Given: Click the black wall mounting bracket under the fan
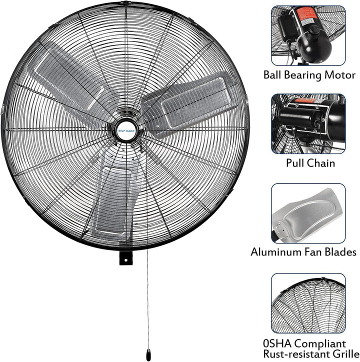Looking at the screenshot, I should pos(125,259).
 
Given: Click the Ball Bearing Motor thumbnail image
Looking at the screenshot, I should pos(308,35).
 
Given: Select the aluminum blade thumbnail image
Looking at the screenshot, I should pos(308,212).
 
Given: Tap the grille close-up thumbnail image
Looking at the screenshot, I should pos(308,302).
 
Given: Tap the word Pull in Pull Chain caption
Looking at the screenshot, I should pos(296,163).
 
